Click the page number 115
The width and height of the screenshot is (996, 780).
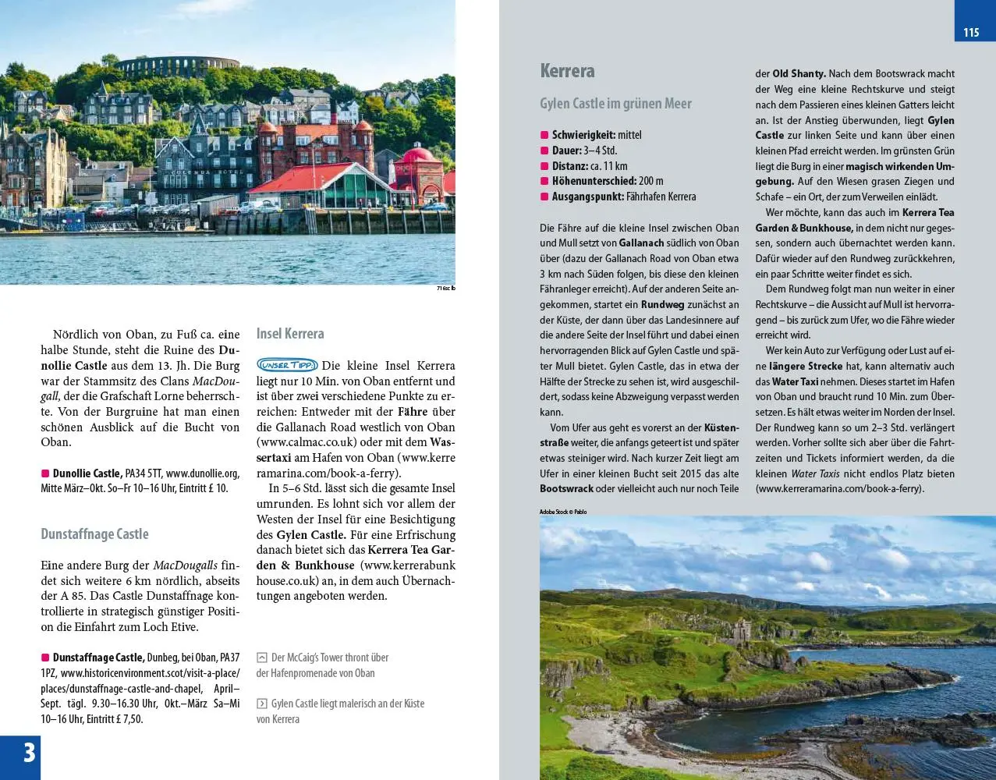(970, 32)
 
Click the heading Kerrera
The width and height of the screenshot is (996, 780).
(567, 71)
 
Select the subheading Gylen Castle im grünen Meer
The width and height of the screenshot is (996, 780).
(615, 104)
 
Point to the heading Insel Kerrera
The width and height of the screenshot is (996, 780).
(289, 334)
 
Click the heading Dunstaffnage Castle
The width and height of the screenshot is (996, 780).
(94, 534)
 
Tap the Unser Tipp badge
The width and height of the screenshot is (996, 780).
(286, 365)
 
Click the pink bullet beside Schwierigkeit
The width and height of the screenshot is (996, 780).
(544, 135)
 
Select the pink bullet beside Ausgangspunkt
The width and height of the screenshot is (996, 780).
(544, 197)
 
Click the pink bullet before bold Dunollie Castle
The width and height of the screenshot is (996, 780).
(45, 473)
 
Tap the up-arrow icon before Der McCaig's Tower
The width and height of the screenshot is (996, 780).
(262, 658)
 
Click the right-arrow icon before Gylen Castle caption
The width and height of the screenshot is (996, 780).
(262, 704)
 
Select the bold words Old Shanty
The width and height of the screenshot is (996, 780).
(799, 73)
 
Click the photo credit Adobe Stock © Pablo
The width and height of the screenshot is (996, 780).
(562, 512)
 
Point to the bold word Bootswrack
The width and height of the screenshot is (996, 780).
(566, 489)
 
